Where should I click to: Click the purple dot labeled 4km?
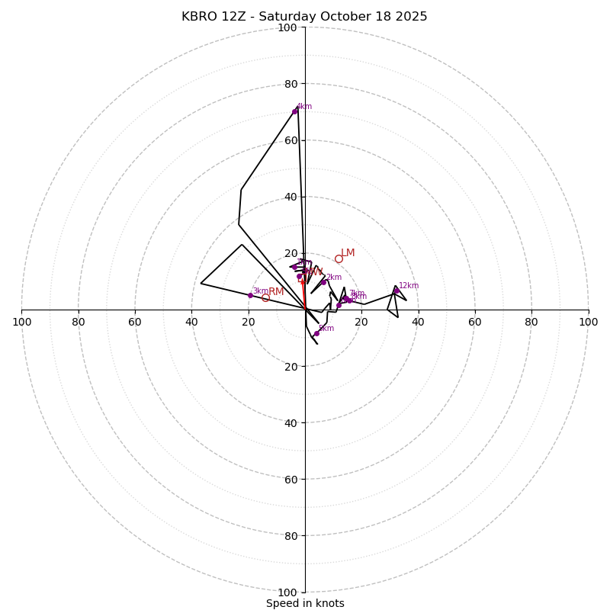tap(294, 111)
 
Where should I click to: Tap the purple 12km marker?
tap(396, 291)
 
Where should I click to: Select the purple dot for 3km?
tap(250, 295)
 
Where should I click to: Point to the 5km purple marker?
tap(316, 333)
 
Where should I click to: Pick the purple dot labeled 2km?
tap(323, 282)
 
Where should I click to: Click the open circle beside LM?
tap(339, 258)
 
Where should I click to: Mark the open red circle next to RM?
tap(265, 298)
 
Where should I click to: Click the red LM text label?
tap(348, 253)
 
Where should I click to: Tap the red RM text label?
tap(276, 292)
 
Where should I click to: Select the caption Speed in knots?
tap(305, 603)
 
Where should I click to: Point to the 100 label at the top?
tap(287, 27)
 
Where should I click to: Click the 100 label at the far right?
tap(588, 322)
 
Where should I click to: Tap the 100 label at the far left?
tap(22, 322)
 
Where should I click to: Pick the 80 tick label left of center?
tap(79, 322)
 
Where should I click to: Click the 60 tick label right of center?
tap(474, 322)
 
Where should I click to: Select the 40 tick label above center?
tap(291, 197)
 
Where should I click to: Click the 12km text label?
tap(409, 286)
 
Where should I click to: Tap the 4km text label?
tap(304, 107)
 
